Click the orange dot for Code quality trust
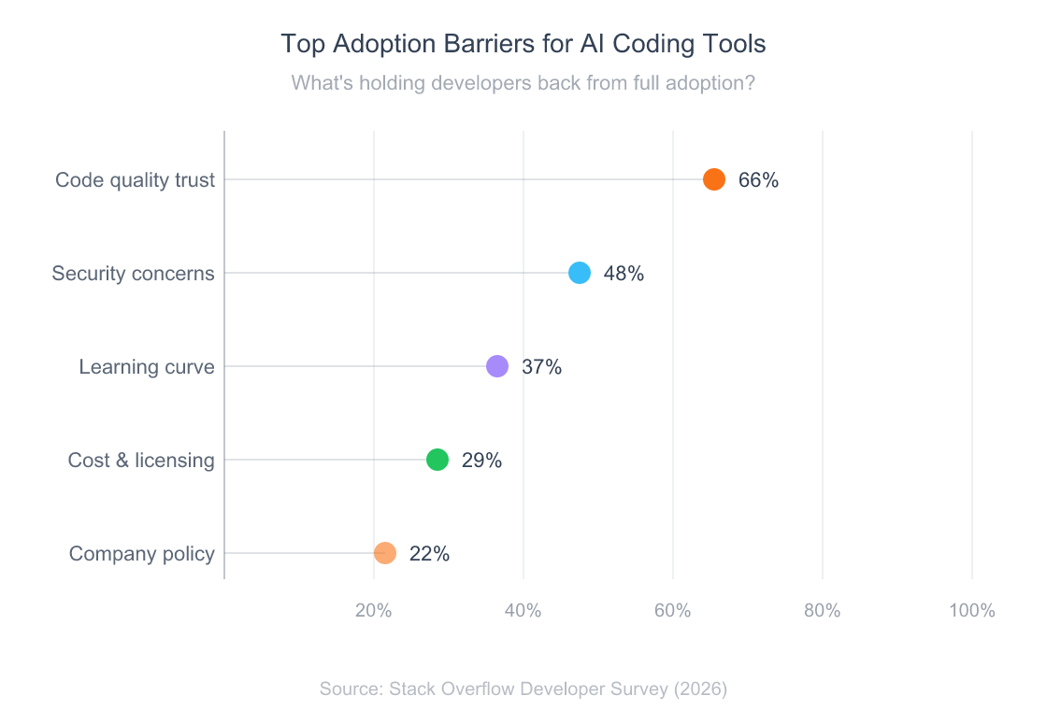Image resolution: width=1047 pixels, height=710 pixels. point(714,179)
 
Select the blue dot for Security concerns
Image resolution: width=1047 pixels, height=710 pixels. point(580,273)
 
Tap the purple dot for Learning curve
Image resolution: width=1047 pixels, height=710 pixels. point(497,366)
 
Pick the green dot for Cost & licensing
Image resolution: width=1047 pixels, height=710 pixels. point(437,460)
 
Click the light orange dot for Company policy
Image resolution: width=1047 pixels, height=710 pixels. point(385,553)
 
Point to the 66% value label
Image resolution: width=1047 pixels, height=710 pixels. point(758,180)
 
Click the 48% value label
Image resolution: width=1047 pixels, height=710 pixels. point(624,274)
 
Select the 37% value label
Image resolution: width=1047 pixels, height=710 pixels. point(541,367)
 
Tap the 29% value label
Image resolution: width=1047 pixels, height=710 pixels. point(481,461)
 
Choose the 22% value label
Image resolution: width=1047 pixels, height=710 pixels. point(429,554)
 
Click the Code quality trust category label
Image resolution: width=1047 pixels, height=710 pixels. point(135,180)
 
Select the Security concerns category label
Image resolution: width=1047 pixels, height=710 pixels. point(133,274)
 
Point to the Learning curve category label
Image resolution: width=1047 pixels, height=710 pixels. point(147,367)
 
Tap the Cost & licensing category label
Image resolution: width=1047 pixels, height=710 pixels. point(141,461)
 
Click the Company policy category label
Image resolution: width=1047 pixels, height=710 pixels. point(142,554)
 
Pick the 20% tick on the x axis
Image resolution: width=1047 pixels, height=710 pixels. point(374,611)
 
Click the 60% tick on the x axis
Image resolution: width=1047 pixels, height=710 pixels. point(673,611)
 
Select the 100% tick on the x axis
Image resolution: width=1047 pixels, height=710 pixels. point(971,611)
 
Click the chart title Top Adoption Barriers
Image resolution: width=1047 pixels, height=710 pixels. point(523,44)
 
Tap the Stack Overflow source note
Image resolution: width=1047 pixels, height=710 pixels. point(523,689)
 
